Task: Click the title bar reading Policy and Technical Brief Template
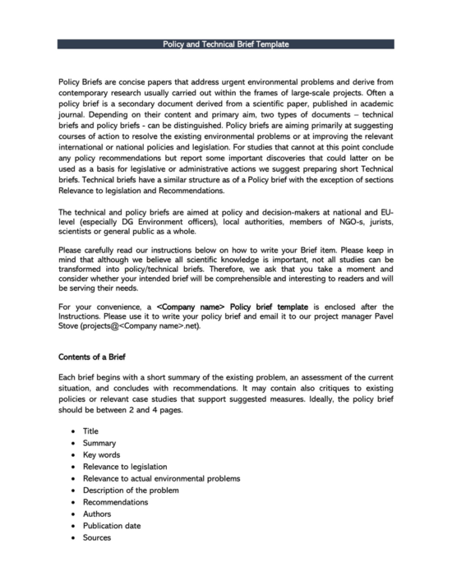[x=226, y=44]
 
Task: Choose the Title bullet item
[x=90, y=431]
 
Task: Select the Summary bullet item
[x=99, y=442]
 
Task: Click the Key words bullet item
[x=102, y=454]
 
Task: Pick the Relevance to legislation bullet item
[x=125, y=466]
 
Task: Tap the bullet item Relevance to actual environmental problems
[x=161, y=478]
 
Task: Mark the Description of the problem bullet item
[x=129, y=490]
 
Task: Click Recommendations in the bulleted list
[x=115, y=502]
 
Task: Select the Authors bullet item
[x=97, y=514]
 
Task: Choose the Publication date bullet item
[x=111, y=526]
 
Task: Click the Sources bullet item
[x=97, y=537]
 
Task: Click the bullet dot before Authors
[x=74, y=514]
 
